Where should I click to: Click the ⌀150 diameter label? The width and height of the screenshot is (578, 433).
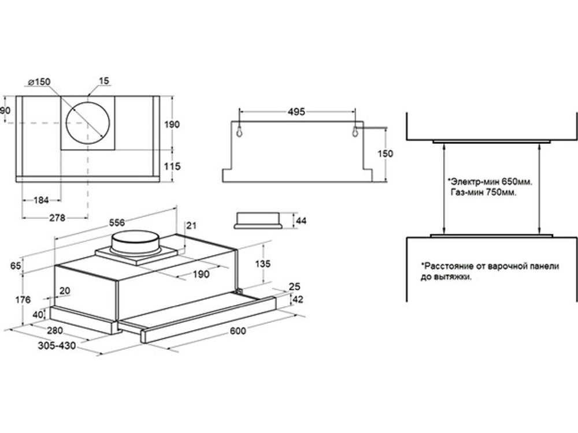pyautogui.click(x=39, y=82)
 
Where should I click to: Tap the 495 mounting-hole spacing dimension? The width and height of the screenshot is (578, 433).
pyautogui.click(x=297, y=111)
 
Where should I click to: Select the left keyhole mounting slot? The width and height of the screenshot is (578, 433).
pyautogui.click(x=239, y=130)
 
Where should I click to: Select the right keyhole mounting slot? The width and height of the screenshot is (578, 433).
pyautogui.click(x=355, y=130)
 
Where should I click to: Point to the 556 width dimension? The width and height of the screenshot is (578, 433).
pyautogui.click(x=117, y=223)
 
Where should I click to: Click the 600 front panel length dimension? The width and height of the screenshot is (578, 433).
pyautogui.click(x=238, y=331)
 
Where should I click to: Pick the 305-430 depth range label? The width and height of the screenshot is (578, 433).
pyautogui.click(x=57, y=346)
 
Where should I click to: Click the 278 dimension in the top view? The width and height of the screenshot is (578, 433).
pyautogui.click(x=57, y=218)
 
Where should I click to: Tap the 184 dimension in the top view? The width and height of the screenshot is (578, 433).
pyautogui.click(x=41, y=200)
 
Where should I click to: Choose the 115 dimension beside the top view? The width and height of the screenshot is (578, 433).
pyautogui.click(x=172, y=166)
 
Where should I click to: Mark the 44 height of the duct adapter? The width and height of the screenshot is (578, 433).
pyautogui.click(x=301, y=221)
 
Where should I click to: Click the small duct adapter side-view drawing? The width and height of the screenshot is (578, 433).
pyautogui.click(x=258, y=221)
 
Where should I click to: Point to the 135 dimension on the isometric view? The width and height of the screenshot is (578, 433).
pyautogui.click(x=262, y=264)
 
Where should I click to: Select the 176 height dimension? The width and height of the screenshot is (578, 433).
pyautogui.click(x=23, y=300)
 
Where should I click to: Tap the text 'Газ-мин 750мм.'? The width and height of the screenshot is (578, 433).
pyautogui.click(x=483, y=192)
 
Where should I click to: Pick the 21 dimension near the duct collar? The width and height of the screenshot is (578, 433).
pyautogui.click(x=191, y=225)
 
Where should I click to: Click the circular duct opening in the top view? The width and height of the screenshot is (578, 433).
pyautogui.click(x=88, y=123)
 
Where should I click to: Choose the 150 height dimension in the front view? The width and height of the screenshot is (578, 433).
pyautogui.click(x=385, y=154)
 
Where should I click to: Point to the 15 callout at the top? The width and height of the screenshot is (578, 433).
pyautogui.click(x=104, y=81)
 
